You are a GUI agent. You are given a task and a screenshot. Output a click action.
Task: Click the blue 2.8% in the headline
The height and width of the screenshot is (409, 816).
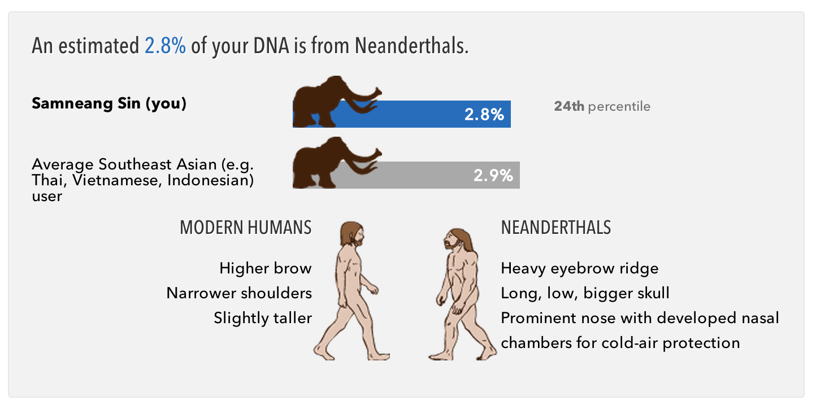coord(165,46)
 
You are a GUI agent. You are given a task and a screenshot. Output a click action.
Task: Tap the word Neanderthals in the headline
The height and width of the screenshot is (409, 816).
coord(411,46)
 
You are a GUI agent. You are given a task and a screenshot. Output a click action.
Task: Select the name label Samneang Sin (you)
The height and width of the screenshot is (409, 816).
coord(109,103)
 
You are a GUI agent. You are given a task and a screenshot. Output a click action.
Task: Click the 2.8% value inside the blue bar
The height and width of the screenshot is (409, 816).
coord(484,114)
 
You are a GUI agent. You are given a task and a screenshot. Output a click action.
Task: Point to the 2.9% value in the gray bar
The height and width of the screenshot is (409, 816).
coord(493,176)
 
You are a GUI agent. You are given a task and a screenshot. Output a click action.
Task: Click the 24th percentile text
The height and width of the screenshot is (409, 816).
coord(602,106)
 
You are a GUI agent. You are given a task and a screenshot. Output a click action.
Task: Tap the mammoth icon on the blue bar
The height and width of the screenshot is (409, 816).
coord(337,102)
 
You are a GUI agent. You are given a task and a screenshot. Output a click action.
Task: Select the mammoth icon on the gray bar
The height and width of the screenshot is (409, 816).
coord(337,163)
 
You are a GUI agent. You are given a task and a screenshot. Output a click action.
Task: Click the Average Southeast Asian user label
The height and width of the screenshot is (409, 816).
coord(143,180)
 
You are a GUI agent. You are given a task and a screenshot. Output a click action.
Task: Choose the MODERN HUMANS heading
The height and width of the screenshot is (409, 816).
coord(245,228)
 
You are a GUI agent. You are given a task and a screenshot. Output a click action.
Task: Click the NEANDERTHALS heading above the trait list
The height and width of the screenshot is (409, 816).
coord(556,228)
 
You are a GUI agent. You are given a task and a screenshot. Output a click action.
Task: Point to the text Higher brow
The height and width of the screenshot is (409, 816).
coord(265,268)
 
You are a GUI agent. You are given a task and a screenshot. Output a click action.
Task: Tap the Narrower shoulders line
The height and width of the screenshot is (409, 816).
coord(239,293)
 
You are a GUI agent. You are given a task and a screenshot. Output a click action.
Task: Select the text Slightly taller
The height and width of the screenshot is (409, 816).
coord(263,318)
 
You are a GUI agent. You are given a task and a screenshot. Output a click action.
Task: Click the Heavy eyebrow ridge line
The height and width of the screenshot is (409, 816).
coord(580,269)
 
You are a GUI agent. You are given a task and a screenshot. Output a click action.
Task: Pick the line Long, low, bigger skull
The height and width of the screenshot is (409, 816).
coord(585,294)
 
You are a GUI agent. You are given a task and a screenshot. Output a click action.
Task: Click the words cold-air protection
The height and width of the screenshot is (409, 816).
coord(671,343)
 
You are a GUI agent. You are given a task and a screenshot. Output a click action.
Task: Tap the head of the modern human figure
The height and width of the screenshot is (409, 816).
coord(352,234)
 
